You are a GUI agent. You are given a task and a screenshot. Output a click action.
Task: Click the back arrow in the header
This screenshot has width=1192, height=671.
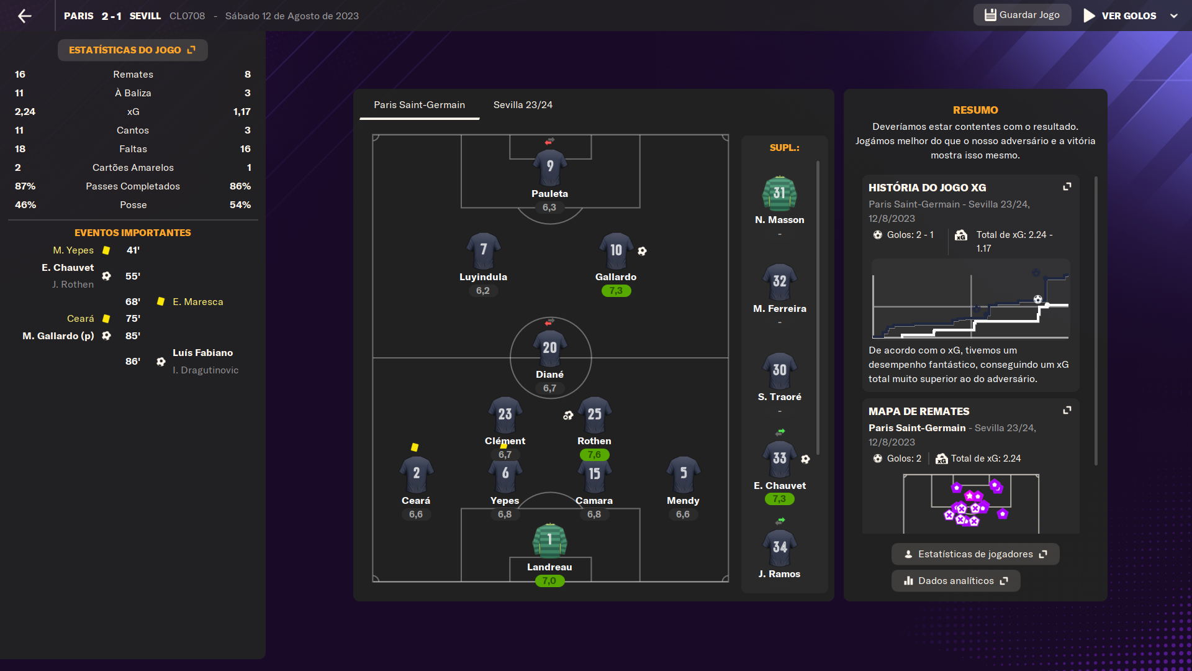[25, 16]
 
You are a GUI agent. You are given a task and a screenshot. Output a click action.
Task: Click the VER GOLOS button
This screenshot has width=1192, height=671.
[1120, 16]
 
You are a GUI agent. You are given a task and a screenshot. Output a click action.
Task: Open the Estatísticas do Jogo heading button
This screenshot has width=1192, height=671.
[132, 50]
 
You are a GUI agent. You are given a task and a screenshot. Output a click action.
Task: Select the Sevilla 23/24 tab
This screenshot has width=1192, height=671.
[523, 104]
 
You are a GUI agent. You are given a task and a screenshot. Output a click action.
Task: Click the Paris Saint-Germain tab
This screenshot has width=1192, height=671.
[419, 104]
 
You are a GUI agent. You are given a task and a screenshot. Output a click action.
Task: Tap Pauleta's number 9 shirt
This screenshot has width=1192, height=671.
[550, 167]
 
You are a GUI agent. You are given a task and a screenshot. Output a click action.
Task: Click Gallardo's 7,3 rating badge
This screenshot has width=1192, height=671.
[616, 291]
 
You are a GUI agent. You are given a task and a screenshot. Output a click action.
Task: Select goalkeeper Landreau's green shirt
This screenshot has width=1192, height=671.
[550, 541]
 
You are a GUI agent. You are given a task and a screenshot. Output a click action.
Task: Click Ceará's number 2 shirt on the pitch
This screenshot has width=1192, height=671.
[416, 473]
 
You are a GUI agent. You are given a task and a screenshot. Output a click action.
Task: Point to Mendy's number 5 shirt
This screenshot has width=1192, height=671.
[683, 473]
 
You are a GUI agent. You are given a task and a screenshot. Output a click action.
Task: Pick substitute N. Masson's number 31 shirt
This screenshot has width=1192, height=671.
[780, 193]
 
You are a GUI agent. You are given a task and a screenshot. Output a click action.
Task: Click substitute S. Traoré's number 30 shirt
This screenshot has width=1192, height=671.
[780, 370]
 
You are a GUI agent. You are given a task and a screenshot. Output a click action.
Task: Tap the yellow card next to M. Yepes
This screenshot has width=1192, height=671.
[106, 250]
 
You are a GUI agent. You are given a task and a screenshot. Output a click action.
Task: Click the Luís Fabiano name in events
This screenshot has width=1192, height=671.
[202, 352]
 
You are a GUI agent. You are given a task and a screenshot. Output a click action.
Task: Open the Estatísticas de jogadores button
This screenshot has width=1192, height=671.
[975, 554]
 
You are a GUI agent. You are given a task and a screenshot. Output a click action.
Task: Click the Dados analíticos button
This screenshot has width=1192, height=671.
[955, 581]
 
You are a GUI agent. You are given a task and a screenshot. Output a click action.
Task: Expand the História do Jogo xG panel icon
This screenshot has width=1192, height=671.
[1067, 186]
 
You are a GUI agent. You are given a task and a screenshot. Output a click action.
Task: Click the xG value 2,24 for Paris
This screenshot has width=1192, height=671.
[25, 112]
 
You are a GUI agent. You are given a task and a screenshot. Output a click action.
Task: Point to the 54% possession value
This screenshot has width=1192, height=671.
[240, 205]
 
